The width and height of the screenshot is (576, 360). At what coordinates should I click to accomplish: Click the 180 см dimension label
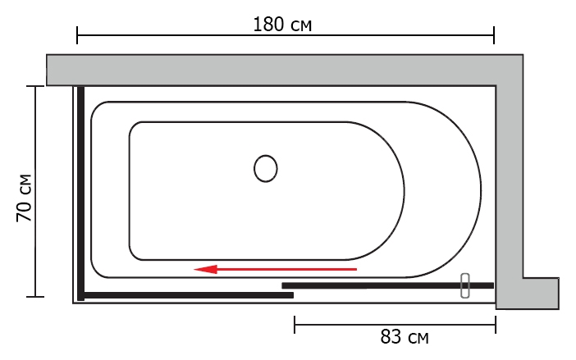coord(282,25)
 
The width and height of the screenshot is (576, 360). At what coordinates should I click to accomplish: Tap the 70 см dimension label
coord(25,198)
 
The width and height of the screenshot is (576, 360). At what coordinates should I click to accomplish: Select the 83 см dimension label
coord(404,336)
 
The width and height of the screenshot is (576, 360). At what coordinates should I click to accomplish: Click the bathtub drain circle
coord(266,168)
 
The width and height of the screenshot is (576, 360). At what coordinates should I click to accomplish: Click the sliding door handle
coord(465,285)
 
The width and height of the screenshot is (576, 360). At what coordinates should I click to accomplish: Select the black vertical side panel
coord(80,193)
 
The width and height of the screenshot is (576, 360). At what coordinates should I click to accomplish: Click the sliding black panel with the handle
coord(387,285)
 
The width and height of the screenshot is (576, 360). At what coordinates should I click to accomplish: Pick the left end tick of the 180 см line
coord(77,35)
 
